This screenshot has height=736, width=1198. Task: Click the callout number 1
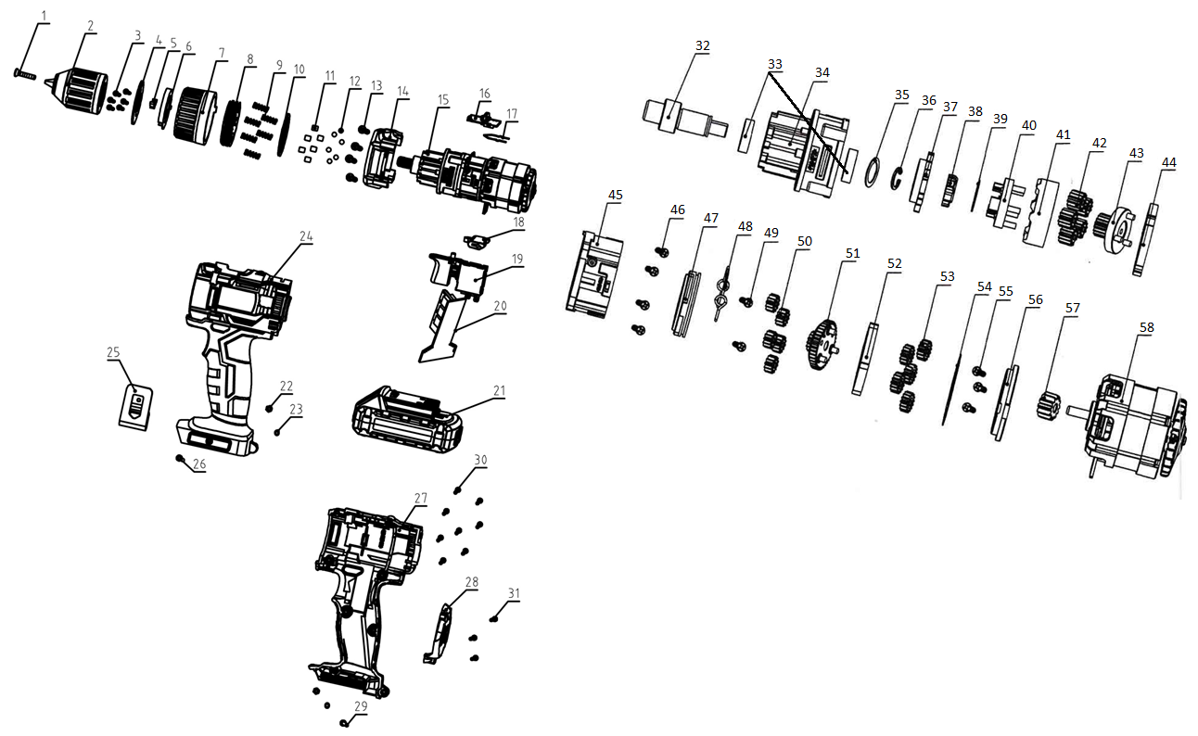click(x=45, y=16)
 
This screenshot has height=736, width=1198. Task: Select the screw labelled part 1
click(x=25, y=74)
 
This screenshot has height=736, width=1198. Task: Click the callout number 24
click(x=306, y=236)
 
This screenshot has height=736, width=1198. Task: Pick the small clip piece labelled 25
click(x=136, y=408)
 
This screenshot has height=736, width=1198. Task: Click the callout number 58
click(x=1146, y=327)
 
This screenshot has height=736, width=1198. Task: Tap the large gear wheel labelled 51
click(x=822, y=345)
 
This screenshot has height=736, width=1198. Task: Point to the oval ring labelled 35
click(x=872, y=172)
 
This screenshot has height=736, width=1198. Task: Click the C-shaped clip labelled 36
click(x=897, y=178)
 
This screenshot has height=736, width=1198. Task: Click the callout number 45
click(x=615, y=195)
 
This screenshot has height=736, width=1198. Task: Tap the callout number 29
click(x=361, y=706)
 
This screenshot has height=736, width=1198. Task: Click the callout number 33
click(x=774, y=64)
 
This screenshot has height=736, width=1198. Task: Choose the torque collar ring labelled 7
click(x=196, y=116)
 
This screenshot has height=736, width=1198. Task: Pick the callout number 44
click(x=1168, y=162)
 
